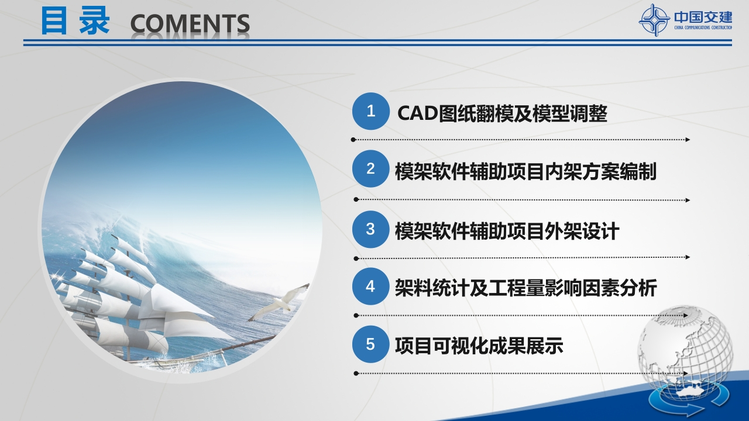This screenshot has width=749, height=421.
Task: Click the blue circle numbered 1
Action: point(370,111)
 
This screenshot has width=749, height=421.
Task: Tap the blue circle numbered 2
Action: point(370,168)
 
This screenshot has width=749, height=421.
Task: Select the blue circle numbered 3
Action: point(370,229)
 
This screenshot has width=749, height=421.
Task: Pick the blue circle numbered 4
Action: point(370,287)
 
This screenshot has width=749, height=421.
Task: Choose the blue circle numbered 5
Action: point(370,344)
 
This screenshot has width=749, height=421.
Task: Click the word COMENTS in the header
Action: point(190,24)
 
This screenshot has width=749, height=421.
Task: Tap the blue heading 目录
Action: point(75,20)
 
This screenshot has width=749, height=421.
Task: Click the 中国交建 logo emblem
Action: point(654,20)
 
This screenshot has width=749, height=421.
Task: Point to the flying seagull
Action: point(280,302)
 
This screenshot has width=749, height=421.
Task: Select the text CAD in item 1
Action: point(418,113)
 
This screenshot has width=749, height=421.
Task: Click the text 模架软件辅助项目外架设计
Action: point(507,231)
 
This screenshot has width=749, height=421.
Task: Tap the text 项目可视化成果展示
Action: point(479,346)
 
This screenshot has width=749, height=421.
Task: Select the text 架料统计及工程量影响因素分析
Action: point(525,288)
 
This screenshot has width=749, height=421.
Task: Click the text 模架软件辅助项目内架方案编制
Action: point(525,171)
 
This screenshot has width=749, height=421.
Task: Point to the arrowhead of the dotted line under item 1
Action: point(688,140)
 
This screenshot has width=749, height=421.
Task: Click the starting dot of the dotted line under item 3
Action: point(356,258)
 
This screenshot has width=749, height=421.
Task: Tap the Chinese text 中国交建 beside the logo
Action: point(703,17)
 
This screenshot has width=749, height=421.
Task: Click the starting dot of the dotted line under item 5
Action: point(356,373)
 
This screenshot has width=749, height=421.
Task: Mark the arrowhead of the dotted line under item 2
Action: point(688,200)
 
